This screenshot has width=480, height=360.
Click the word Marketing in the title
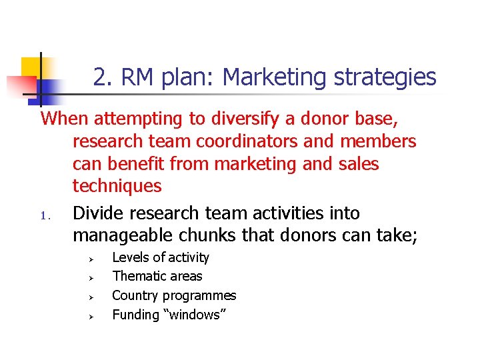click(x=275, y=78)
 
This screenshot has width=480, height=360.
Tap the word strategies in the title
click(x=385, y=78)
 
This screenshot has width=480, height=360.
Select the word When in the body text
click(x=65, y=119)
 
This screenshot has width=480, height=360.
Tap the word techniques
click(x=117, y=185)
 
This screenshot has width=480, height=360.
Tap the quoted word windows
click(x=194, y=314)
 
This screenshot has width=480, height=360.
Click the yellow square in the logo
click(x=32, y=67)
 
